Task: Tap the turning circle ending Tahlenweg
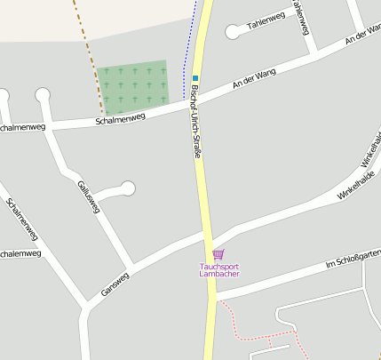pyautogui.click(x=233, y=32)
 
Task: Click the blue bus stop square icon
pyautogui.click(x=195, y=78)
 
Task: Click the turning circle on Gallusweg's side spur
pyautogui.click(x=128, y=188)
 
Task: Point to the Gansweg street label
pyautogui.click(x=115, y=283)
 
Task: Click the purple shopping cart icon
pyautogui.click(x=218, y=254)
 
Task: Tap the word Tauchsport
pyautogui.click(x=218, y=265)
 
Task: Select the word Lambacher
pyautogui.click(x=218, y=274)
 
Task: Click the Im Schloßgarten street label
pyautogui.click(x=353, y=259)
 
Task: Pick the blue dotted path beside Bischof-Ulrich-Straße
pyautogui.click(x=187, y=44)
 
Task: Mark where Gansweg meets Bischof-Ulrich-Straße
pyautogui.click(x=209, y=233)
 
